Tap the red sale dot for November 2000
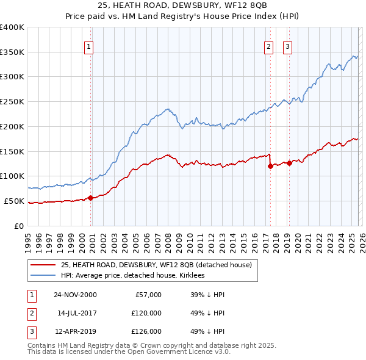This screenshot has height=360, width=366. pyautogui.click(x=91, y=198)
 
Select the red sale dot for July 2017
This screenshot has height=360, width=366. pyautogui.click(x=270, y=166)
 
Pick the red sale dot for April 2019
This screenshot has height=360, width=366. pyautogui.click(x=289, y=163)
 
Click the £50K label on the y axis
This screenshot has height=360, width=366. pyautogui.click(x=15, y=201)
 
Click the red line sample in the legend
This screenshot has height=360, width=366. pyautogui.click(x=43, y=265)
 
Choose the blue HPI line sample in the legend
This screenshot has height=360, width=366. pyautogui.click(x=43, y=276)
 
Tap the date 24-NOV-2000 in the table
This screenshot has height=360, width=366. pyautogui.click(x=75, y=295)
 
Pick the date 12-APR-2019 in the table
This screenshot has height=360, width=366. pyautogui.click(x=75, y=331)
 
